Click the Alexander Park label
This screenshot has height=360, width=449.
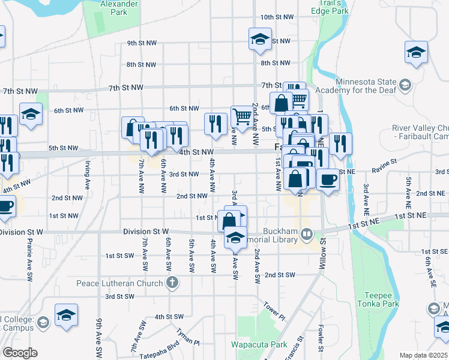point(114,8)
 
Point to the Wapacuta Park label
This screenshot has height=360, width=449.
point(259,344)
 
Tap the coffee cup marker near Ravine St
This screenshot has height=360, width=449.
point(327,180)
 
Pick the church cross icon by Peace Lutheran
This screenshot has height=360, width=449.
point(172,283)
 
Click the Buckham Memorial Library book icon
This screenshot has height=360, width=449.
point(307,233)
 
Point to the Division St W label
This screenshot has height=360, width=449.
point(146,232)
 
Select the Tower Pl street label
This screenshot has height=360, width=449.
point(272,310)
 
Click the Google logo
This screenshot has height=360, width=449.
point(20,353)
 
